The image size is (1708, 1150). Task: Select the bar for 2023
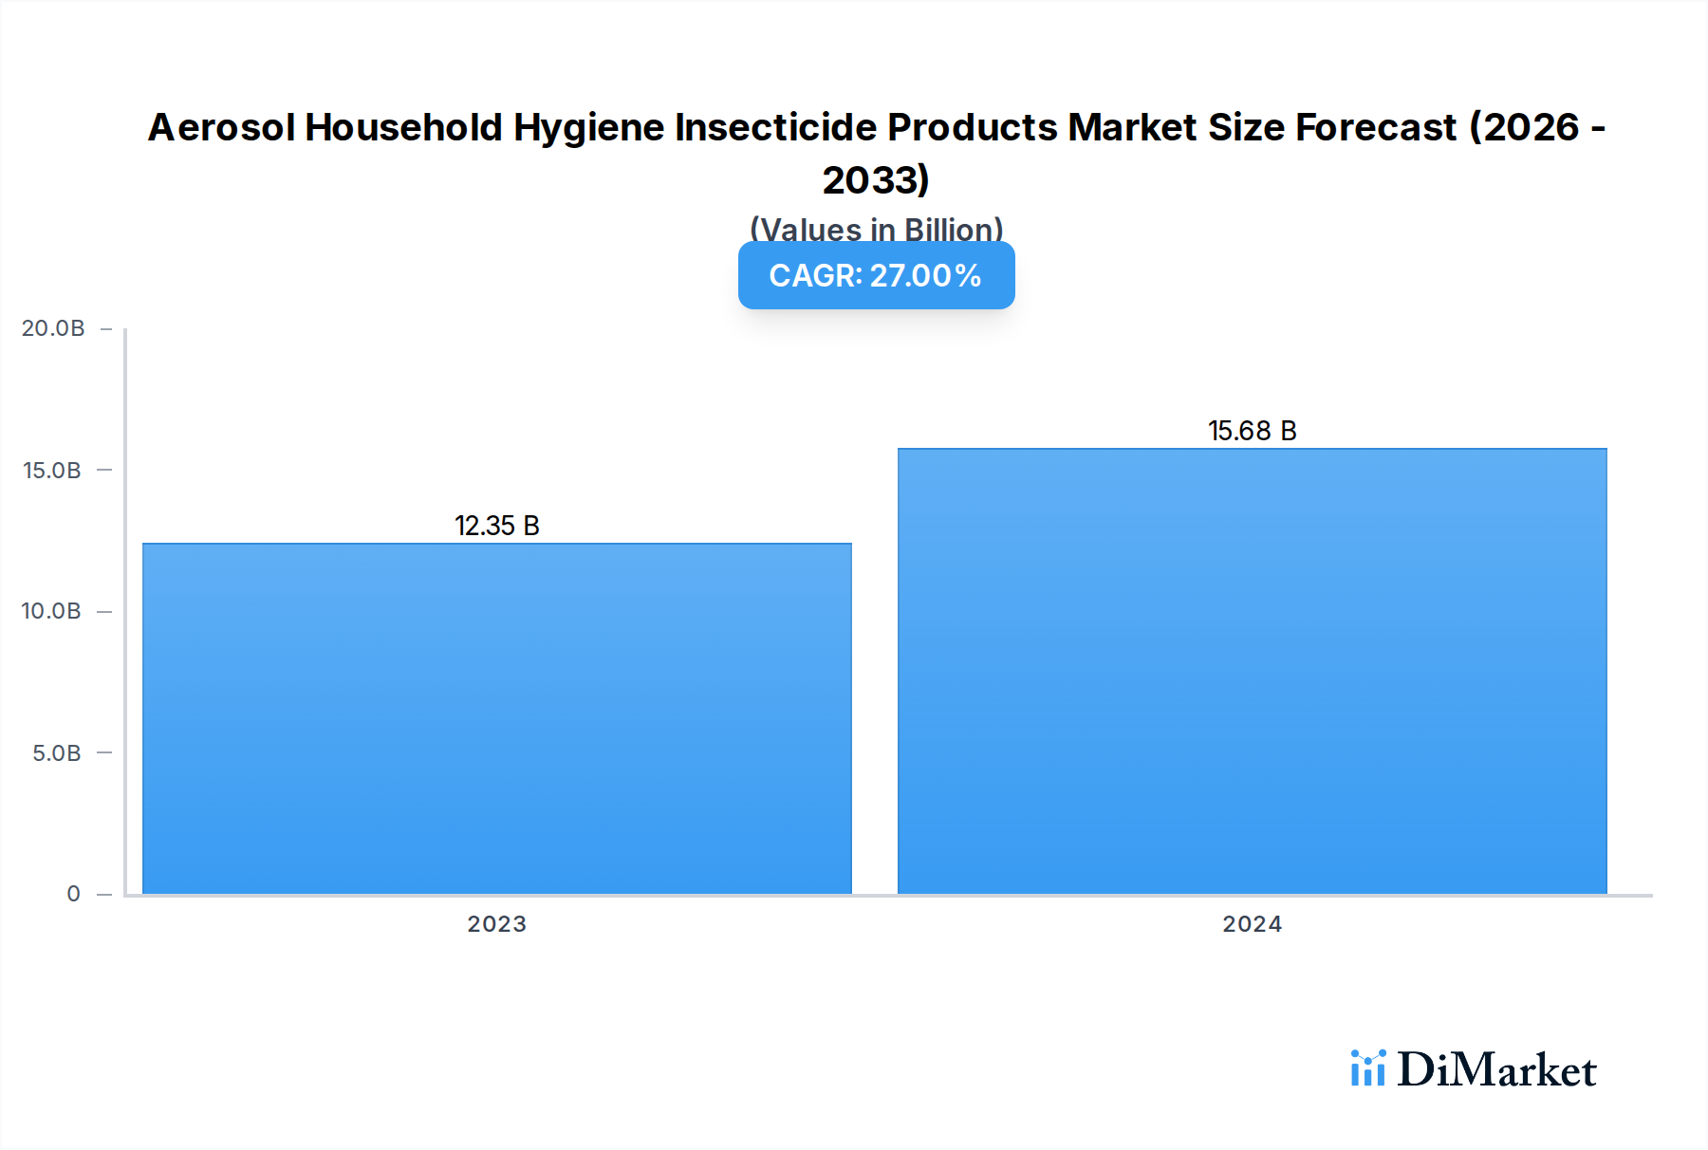(x=497, y=718)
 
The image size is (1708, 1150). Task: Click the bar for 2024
(x=1252, y=671)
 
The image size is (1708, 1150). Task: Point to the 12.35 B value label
(x=497, y=526)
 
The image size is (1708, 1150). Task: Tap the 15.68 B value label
(x=1252, y=431)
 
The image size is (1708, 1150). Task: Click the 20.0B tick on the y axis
(x=53, y=328)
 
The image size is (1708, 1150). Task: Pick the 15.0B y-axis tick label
(x=52, y=471)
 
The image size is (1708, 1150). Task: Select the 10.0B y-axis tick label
(x=51, y=611)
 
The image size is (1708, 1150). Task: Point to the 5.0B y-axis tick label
(x=57, y=753)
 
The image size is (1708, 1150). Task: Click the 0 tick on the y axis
(x=73, y=894)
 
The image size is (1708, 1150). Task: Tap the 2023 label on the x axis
(x=496, y=924)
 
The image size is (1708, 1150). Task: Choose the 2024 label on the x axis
(x=1252, y=924)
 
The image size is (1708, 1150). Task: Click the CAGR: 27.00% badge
(x=876, y=275)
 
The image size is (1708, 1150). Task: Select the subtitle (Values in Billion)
(x=876, y=229)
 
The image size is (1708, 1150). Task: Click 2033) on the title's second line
(x=876, y=179)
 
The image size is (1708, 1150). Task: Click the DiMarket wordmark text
(x=1496, y=1069)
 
